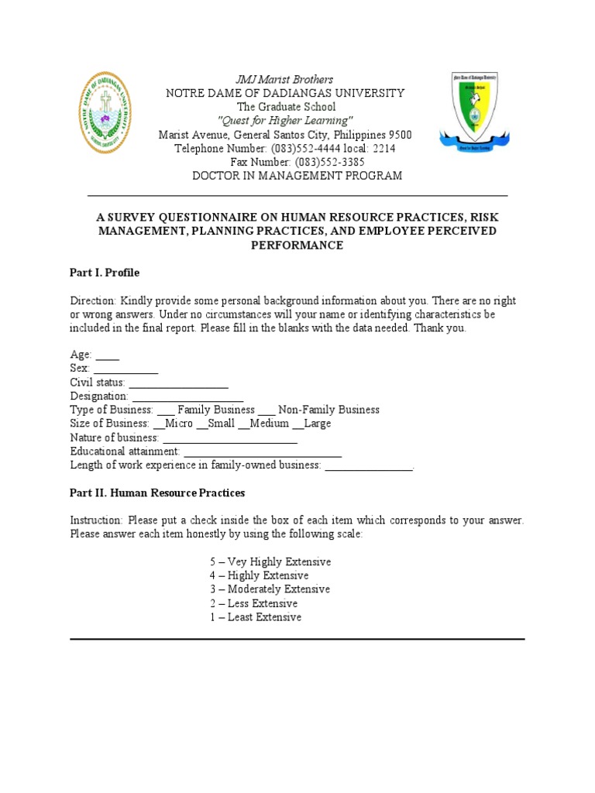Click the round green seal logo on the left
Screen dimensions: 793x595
tap(108, 112)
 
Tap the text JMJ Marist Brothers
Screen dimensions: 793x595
tap(284, 79)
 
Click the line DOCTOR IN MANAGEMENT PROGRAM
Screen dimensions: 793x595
tap(297, 177)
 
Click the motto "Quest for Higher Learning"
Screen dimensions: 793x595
tap(285, 121)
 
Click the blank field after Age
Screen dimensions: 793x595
tap(108, 355)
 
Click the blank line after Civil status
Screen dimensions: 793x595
tap(178, 383)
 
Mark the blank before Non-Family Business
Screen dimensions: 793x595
tap(267, 410)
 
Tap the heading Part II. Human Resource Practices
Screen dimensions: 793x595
tap(157, 493)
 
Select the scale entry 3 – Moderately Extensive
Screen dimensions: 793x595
tap(270, 589)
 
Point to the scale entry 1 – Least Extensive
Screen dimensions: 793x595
tap(256, 617)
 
